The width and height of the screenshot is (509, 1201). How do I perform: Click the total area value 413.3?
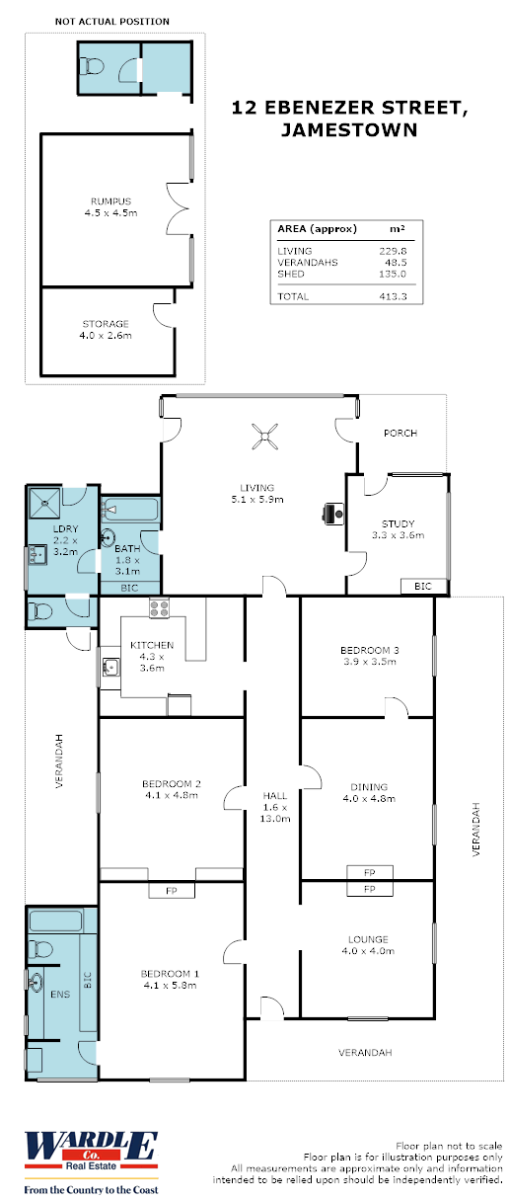(394, 296)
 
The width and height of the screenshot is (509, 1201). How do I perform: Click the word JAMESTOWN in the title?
(348, 128)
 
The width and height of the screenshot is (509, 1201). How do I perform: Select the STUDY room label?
(398, 523)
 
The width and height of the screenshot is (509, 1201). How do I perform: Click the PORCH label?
(400, 433)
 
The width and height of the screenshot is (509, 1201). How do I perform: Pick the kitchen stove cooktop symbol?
(160, 607)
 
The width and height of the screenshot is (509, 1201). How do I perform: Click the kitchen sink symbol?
(109, 669)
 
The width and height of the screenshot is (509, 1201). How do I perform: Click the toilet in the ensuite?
(40, 950)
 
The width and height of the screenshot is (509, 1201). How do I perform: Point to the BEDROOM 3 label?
(367, 650)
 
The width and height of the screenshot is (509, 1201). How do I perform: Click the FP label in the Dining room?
(369, 873)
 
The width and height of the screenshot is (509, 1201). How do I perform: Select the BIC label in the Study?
(422, 587)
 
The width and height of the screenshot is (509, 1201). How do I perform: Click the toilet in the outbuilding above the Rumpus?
(94, 67)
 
